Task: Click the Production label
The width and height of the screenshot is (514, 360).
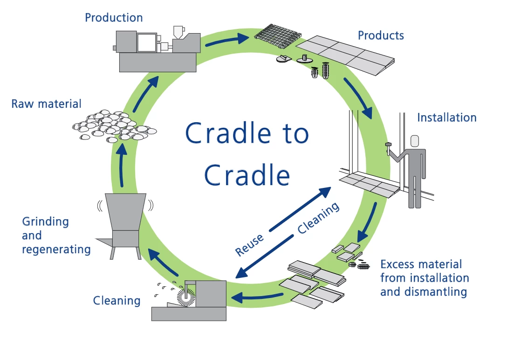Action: click(114, 18)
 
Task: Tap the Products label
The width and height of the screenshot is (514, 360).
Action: click(381, 35)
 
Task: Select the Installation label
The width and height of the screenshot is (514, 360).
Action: click(446, 118)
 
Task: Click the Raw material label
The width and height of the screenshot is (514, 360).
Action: click(46, 104)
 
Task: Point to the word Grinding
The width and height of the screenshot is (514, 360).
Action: click(46, 222)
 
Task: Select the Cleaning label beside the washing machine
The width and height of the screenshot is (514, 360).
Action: click(117, 301)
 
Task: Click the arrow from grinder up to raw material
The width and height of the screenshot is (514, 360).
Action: click(122, 166)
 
